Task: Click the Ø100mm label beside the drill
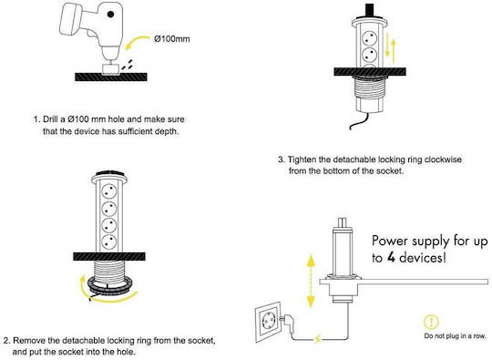(172, 39)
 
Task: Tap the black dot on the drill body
(110, 14)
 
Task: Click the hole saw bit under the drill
(111, 69)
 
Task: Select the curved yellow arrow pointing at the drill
(137, 42)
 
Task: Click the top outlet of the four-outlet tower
(109, 191)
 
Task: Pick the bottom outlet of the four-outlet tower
(109, 242)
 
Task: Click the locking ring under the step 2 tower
(109, 285)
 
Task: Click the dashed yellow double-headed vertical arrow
(311, 281)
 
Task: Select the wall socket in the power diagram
(268, 322)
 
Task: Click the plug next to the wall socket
(288, 324)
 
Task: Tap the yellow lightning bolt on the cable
(318, 339)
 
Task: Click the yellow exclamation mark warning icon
(431, 322)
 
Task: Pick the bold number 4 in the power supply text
(391, 258)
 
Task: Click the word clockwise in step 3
(443, 159)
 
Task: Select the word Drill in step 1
(50, 119)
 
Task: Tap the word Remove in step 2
(29, 340)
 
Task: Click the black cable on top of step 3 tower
(370, 10)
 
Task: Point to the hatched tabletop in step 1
(111, 77)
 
